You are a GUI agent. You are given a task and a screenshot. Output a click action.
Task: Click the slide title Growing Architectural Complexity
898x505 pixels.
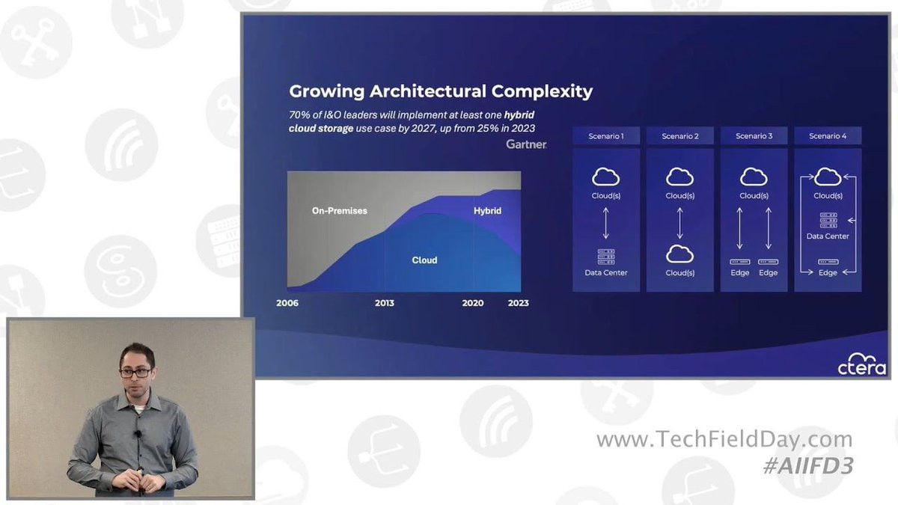click(441, 91)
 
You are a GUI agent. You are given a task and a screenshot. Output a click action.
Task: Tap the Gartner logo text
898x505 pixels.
click(526, 144)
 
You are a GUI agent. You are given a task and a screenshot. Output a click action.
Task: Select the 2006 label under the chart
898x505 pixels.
click(287, 303)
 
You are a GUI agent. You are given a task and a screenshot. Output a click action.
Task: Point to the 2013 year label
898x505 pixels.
click(385, 303)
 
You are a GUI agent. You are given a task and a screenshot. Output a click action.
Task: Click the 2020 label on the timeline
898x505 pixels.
click(473, 303)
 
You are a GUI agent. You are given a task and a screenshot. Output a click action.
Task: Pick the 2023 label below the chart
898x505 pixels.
click(519, 303)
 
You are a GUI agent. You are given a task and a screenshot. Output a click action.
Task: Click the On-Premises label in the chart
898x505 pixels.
click(340, 211)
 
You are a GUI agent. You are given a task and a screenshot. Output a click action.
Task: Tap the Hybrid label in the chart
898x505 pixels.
click(487, 211)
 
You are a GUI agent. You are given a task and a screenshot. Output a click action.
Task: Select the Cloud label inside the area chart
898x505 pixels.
click(424, 260)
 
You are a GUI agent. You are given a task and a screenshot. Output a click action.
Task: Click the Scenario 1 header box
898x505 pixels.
click(605, 136)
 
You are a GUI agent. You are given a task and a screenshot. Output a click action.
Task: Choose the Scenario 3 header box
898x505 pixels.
click(754, 136)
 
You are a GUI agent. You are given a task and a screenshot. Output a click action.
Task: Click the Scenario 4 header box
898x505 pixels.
click(828, 136)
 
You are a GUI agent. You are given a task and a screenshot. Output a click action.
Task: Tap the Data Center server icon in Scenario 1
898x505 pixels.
click(605, 257)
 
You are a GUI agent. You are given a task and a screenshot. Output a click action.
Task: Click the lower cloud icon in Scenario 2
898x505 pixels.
click(680, 254)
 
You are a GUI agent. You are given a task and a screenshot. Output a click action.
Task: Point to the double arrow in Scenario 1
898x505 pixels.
click(605, 223)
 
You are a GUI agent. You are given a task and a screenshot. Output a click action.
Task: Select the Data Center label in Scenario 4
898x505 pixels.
click(828, 236)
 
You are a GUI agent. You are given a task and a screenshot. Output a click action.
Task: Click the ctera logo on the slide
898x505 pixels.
click(862, 364)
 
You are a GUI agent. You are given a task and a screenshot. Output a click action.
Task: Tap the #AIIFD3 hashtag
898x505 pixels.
click(808, 466)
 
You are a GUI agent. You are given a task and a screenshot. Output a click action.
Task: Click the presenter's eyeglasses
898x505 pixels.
click(135, 373)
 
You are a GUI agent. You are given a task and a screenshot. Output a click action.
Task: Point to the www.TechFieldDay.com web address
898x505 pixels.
click(724, 439)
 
